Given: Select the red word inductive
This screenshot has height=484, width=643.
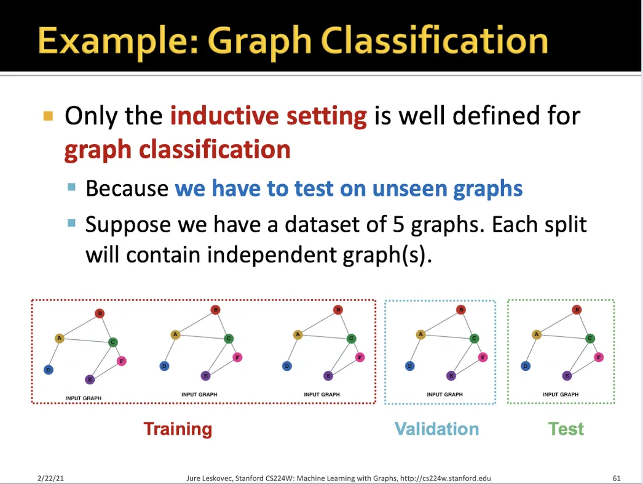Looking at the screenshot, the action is tap(224, 115).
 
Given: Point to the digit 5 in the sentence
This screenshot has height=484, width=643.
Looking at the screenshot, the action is tap(398, 224).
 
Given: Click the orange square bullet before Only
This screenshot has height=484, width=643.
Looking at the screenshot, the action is tap(49, 116).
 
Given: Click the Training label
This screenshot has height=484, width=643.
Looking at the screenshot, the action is tap(178, 429).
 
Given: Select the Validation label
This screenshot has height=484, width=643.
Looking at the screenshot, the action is tap(436, 429).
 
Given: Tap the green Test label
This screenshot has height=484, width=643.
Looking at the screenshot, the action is tap(566, 429).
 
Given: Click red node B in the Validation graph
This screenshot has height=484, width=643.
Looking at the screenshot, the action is tap(461, 309).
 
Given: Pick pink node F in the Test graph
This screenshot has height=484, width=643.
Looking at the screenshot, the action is tap(599, 357).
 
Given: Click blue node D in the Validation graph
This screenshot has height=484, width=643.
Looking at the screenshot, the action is tap(409, 366).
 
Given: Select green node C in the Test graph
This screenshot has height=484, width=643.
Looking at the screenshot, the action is tap(590, 338).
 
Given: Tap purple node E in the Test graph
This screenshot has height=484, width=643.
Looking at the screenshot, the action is tap(567, 375).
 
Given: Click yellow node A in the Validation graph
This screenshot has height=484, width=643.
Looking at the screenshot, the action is tap(420, 334).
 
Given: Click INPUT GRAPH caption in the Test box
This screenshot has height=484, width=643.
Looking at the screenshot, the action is tap(561, 395).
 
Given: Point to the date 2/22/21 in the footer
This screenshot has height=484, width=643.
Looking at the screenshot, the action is tap(50, 478).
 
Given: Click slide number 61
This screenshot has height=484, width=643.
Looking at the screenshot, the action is tap(617, 478).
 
